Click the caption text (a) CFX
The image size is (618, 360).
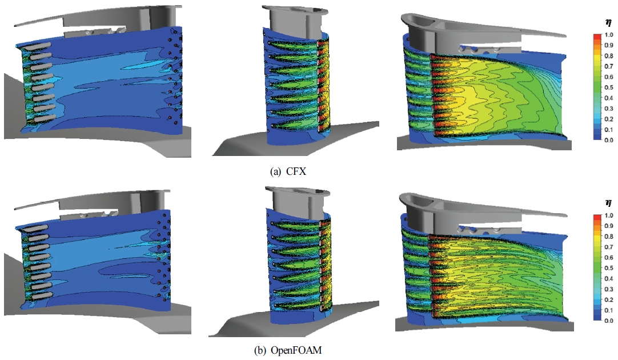[x=288, y=171]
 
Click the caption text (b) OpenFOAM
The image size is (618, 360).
[x=288, y=350]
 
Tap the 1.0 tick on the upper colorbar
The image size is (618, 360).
[x=609, y=35]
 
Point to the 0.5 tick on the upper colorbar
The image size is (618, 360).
[x=609, y=87]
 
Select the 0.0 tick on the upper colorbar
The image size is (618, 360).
[x=609, y=140]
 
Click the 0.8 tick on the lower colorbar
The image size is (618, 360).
[x=609, y=237]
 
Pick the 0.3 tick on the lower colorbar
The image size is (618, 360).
[x=609, y=289]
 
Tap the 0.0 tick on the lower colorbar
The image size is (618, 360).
[x=609, y=321]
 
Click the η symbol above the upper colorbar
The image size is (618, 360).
[x=609, y=22]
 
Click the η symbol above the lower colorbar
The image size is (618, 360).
[x=609, y=203]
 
